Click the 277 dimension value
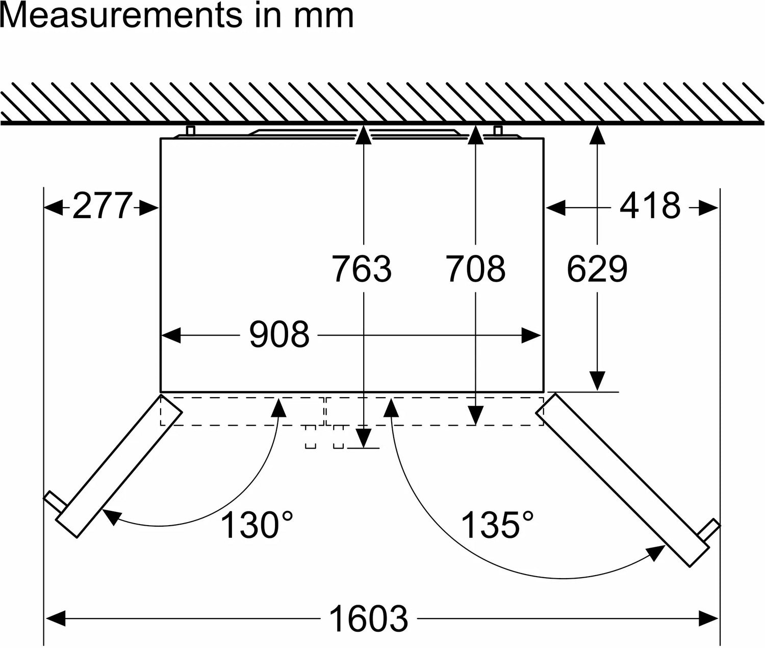tap(102, 206)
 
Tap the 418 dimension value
tap(650, 206)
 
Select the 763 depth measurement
tap(362, 269)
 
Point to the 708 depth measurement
tap(476, 269)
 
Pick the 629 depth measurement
tap(597, 269)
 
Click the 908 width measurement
tap(279, 334)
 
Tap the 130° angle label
tap(256, 525)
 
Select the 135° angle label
tap(497, 525)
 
